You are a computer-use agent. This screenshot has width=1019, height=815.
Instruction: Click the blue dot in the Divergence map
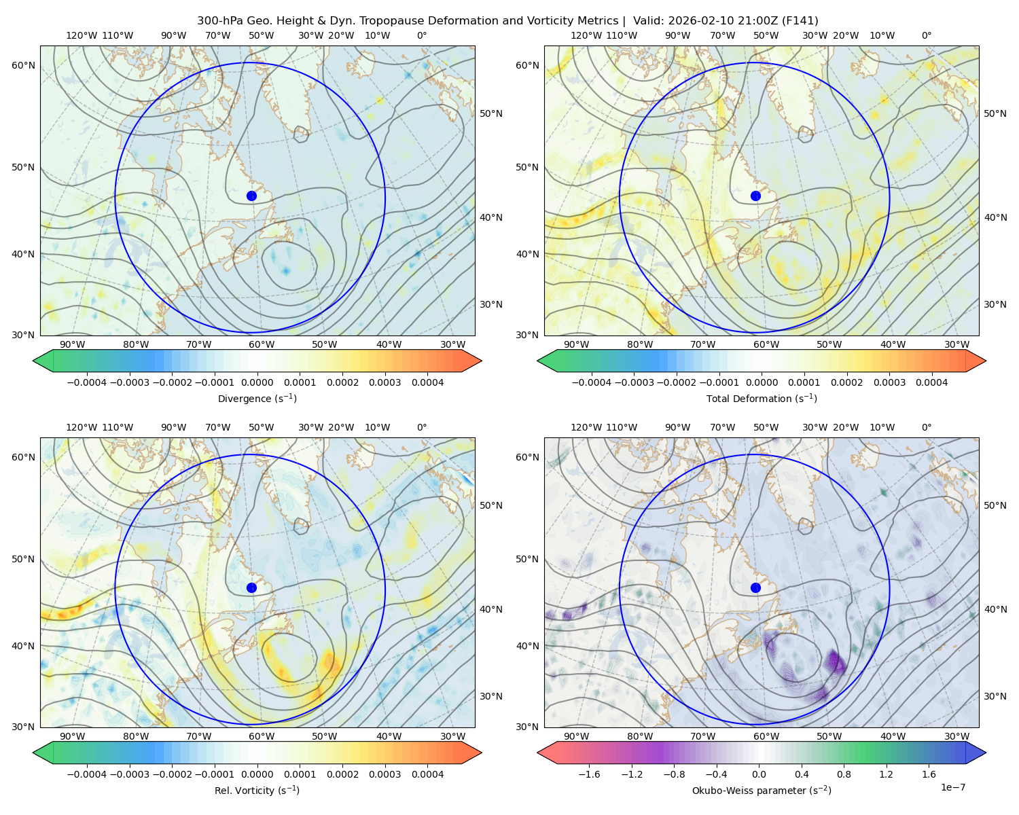[x=251, y=196]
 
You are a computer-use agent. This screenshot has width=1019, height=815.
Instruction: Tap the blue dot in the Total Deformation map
[x=755, y=196]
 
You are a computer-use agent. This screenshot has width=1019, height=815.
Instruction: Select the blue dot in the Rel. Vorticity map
[x=251, y=587]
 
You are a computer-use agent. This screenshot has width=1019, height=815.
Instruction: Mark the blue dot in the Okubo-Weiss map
[x=755, y=587]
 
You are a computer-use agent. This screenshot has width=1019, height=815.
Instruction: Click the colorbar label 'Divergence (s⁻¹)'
[x=257, y=398]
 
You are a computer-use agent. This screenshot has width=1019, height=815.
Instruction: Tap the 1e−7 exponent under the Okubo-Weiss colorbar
[x=952, y=787]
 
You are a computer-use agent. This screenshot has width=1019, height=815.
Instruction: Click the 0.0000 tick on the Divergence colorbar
[x=257, y=382]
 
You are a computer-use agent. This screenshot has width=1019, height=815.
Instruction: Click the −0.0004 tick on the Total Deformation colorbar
[x=592, y=382]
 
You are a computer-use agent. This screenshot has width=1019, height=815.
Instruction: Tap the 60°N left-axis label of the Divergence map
[x=23, y=65]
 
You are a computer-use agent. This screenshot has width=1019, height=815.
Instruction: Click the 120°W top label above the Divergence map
[x=82, y=35]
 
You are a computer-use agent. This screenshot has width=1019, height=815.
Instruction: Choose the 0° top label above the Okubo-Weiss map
[x=926, y=427]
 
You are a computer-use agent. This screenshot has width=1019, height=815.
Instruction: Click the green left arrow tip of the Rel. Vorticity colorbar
[x=33, y=753]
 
